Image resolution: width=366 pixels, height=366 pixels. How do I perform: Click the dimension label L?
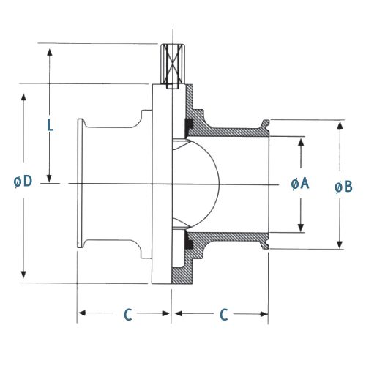[51, 126]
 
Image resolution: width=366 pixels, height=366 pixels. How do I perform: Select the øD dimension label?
[23, 182]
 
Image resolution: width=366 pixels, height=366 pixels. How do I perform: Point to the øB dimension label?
[343, 187]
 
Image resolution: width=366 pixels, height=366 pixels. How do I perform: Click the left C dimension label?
[128, 314]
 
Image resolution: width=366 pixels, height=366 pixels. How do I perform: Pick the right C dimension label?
[224, 314]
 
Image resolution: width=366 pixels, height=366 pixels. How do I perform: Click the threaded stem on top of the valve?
[173, 66]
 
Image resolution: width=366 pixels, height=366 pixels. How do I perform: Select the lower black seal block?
[189, 240]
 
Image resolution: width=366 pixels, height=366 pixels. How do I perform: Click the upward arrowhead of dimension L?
[50, 53]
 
